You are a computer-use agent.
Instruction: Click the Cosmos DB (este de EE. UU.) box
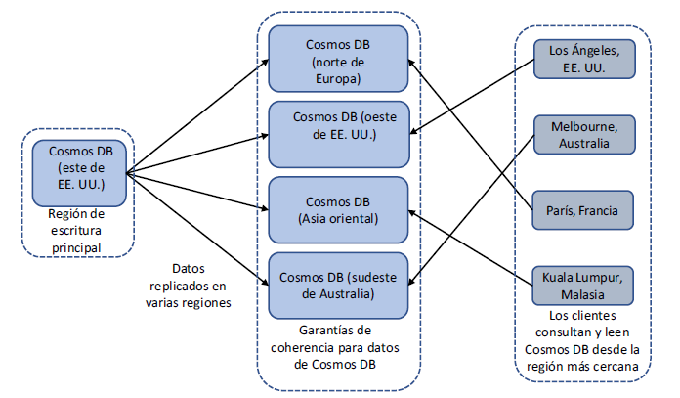pos(77,170)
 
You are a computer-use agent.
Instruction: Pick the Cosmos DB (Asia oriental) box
pos(338,206)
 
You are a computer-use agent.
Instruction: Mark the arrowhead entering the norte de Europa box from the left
pos(266,63)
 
